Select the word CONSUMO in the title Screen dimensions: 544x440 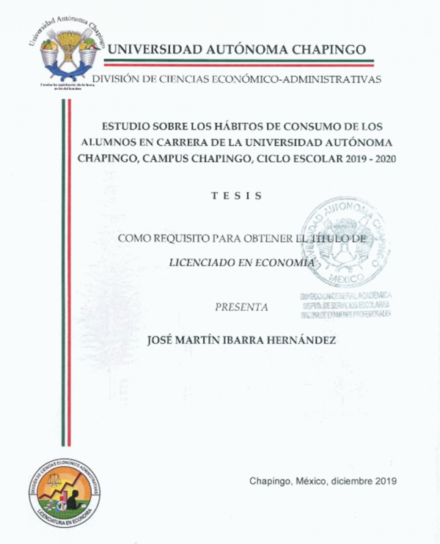point(296,125)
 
